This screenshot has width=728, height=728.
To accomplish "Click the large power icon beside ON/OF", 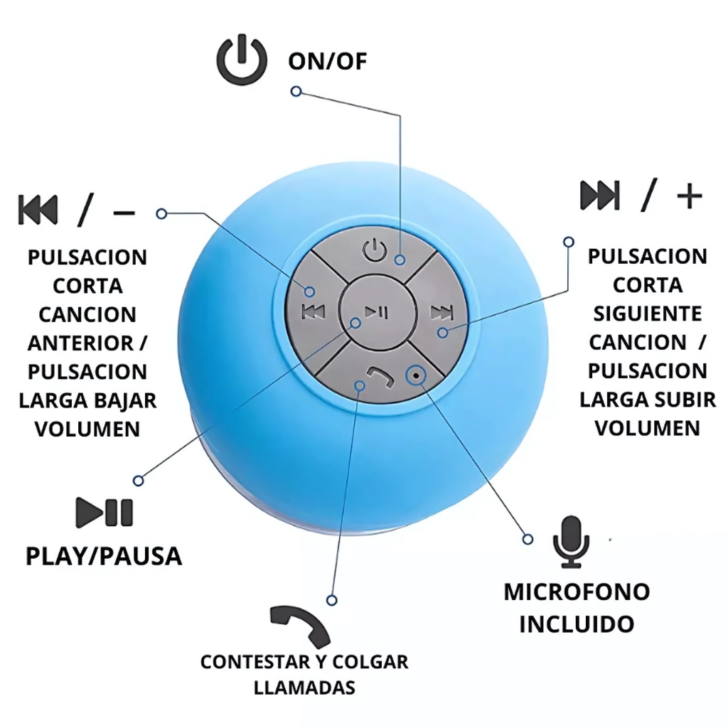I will [x=242, y=60].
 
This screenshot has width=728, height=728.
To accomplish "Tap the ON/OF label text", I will [x=327, y=61].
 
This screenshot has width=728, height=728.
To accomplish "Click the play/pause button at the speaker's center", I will [x=376, y=311].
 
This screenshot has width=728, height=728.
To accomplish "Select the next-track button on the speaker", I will [x=441, y=311].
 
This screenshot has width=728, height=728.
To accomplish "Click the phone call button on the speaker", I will [x=375, y=377].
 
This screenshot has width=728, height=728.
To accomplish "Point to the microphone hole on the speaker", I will [x=416, y=374].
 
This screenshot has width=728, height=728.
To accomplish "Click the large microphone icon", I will [x=571, y=542].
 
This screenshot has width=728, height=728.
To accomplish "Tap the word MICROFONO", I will [x=577, y=591].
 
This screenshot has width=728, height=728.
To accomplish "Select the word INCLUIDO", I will [x=577, y=624].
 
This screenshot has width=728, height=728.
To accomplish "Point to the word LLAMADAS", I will [x=304, y=687].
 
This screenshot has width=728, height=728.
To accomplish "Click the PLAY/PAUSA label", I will [x=104, y=556].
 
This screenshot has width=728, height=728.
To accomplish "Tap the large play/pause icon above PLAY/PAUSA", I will [x=105, y=513].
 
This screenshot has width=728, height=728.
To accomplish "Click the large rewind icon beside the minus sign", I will [x=38, y=209].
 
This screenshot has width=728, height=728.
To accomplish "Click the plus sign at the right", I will [x=689, y=196].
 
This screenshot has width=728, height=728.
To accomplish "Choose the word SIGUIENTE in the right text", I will [x=648, y=314].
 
